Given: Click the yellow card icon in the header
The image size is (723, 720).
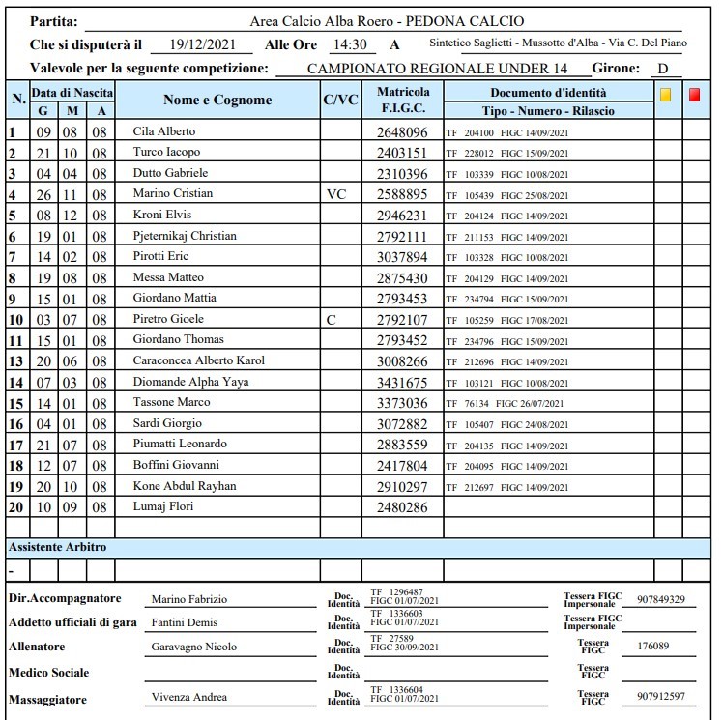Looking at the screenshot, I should click(x=665, y=95).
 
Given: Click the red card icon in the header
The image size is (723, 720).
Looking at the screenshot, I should click(x=694, y=95).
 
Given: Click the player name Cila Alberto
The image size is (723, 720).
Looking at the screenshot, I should click(x=164, y=131).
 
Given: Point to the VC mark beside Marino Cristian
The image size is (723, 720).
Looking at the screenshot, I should click(x=336, y=194).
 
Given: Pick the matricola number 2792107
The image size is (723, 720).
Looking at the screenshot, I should click(x=401, y=319).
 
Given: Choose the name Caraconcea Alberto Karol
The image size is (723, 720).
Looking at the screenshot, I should click(x=198, y=360).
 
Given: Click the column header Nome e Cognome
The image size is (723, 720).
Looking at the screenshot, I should click(x=217, y=101).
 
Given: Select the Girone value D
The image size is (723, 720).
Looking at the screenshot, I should click(x=663, y=69).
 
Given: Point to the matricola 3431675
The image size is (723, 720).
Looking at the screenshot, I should click(x=401, y=382).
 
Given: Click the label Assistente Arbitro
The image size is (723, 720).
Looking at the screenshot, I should click(x=57, y=547).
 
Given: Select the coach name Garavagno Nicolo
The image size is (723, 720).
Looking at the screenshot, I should click(x=193, y=647).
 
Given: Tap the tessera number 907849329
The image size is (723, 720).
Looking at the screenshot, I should click(x=660, y=600).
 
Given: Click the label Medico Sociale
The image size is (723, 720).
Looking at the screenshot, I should click(x=48, y=672).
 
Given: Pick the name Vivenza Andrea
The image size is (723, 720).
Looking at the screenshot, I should click(x=188, y=697).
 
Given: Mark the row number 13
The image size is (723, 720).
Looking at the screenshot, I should click(x=16, y=361).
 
